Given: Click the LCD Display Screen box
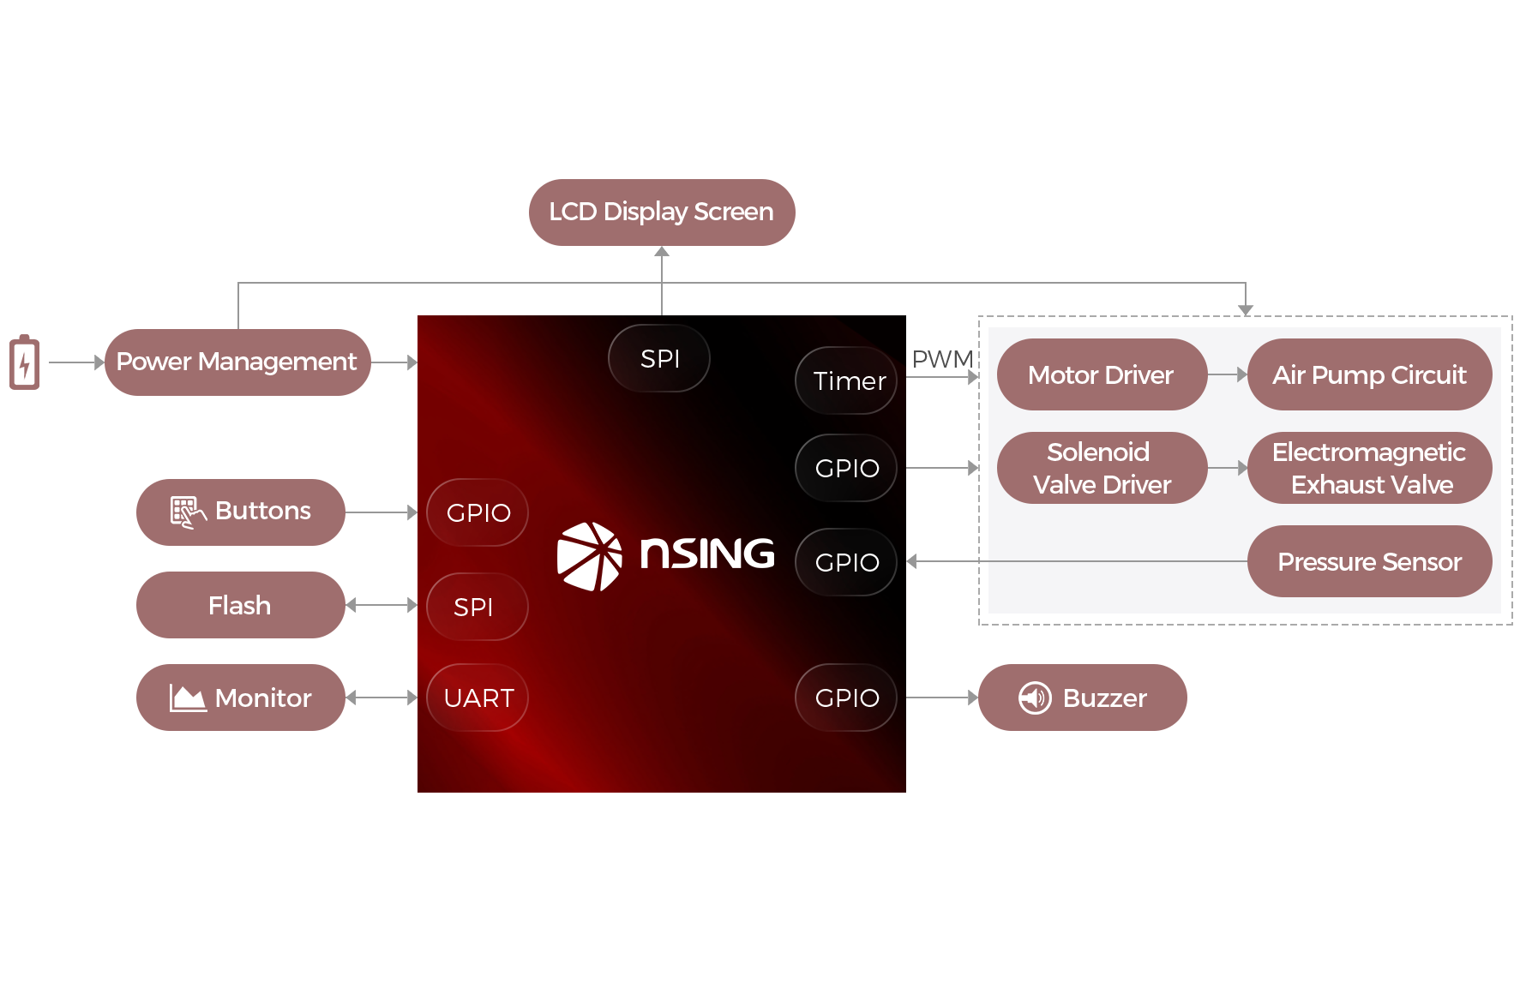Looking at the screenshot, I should pyautogui.click(x=661, y=213).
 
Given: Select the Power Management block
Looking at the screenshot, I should pyautogui.click(x=237, y=362).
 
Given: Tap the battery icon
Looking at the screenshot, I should pyautogui.click(x=24, y=362).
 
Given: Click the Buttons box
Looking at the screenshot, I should pyautogui.click(x=240, y=512).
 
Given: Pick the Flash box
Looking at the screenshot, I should pyautogui.click(x=240, y=605).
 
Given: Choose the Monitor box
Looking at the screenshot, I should pyautogui.click(x=240, y=698).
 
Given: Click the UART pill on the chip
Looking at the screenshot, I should pyautogui.click(x=478, y=698).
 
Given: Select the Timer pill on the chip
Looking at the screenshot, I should pyautogui.click(x=847, y=380).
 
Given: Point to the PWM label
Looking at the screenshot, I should pyautogui.click(x=942, y=359).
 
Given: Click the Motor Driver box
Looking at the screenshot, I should pyautogui.click(x=1101, y=375).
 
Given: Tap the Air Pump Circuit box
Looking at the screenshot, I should pyautogui.click(x=1369, y=375).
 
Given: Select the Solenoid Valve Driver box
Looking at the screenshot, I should pyautogui.click(x=1101, y=468).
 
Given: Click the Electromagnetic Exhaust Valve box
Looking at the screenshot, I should pyautogui.click(x=1369, y=468).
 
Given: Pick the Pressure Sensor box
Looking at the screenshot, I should pyautogui.click(x=1369, y=561).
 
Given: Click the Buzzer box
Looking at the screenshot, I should pyautogui.click(x=1082, y=698).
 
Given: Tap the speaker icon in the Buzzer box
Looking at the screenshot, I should pyautogui.click(x=1035, y=698).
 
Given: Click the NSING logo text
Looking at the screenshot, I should pyautogui.click(x=706, y=554).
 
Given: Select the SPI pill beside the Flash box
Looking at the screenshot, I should pyautogui.click(x=476, y=607).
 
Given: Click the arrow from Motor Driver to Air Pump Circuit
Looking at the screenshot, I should pyautogui.click(x=1227, y=375).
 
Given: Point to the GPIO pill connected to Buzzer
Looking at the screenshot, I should pyautogui.click(x=846, y=698).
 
